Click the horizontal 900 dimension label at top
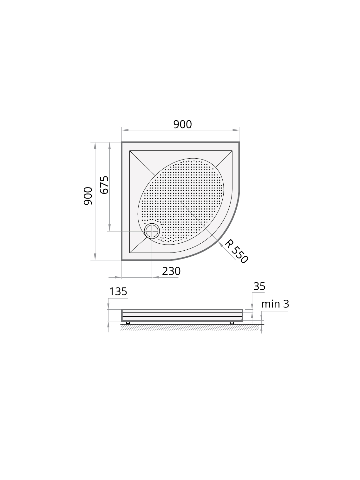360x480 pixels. point(182,125)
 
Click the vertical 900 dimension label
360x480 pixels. point(88,196)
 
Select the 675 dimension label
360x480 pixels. point(104,185)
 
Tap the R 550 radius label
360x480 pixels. point(236,251)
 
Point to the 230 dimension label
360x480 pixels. point(171,271)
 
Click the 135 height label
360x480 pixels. point(118,292)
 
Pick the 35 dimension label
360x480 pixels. point(259,286)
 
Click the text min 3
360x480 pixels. point(275,304)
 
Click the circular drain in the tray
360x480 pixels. point(152,231)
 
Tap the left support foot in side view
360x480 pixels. point(128,323)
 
